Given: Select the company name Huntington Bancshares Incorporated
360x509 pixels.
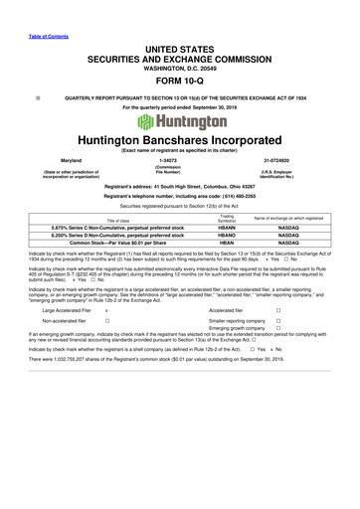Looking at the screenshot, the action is tap(179, 146).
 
